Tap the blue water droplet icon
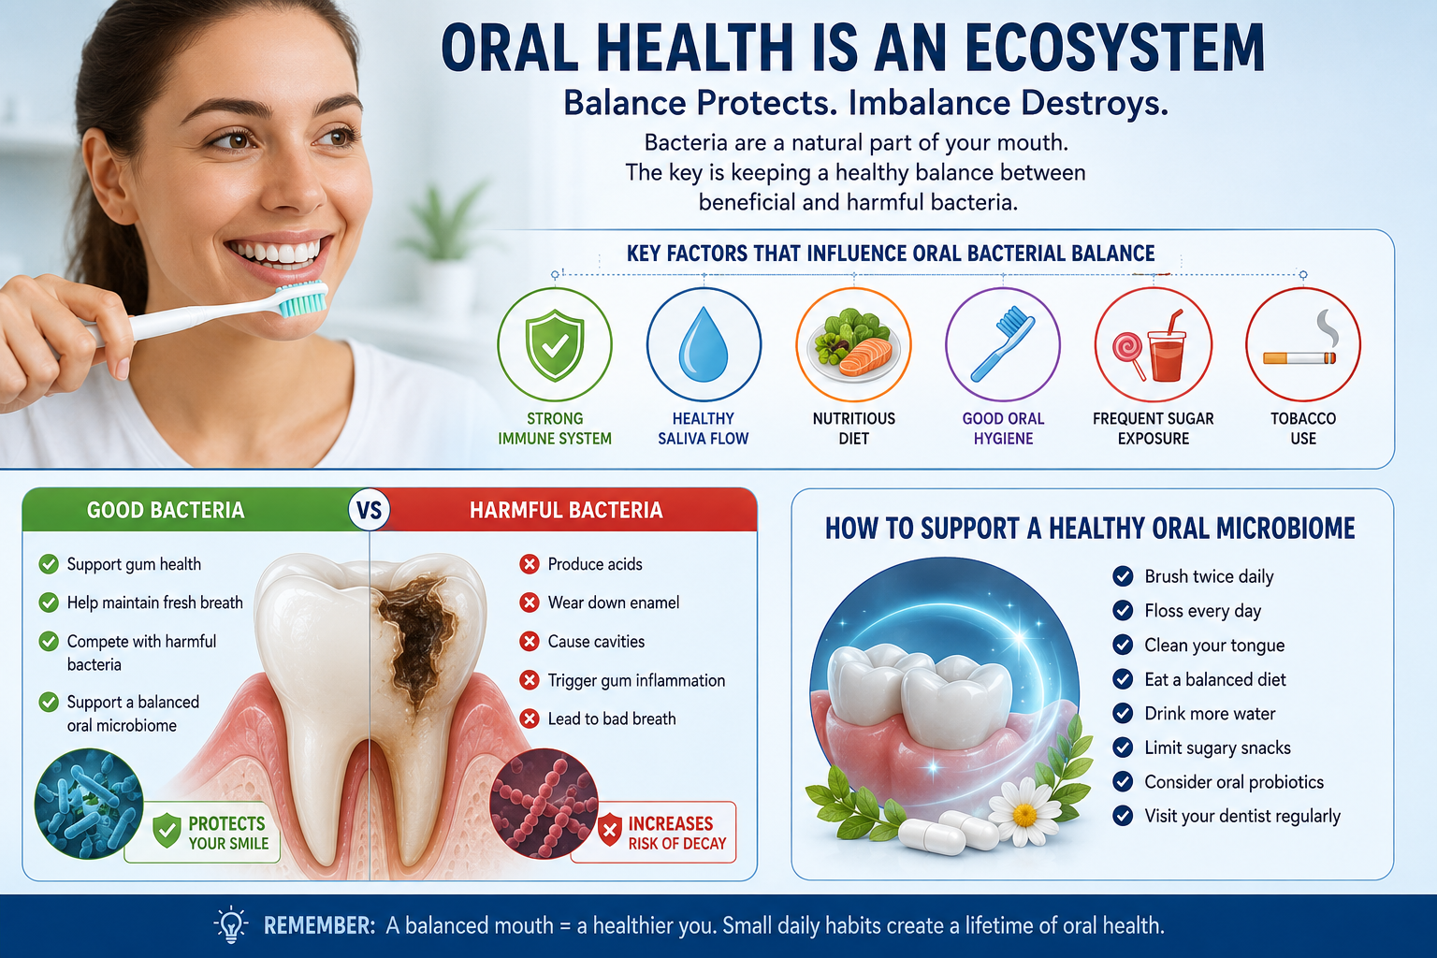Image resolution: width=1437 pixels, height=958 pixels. (x=704, y=344)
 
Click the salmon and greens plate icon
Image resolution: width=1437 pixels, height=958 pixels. (x=853, y=345)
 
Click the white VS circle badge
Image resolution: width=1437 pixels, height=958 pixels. (x=369, y=510)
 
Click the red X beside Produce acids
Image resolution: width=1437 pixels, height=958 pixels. (x=530, y=564)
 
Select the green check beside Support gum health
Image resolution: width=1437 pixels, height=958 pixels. (x=49, y=564)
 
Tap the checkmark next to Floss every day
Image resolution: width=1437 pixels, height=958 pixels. (x=1123, y=610)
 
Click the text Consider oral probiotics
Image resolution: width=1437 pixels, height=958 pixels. (x=1234, y=781)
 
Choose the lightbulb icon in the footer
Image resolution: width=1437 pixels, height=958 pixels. (x=231, y=924)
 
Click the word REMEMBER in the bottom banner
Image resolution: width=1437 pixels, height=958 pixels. (x=319, y=925)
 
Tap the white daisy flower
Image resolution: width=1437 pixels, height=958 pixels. (x=1024, y=812)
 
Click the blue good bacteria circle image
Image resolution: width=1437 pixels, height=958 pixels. (x=89, y=804)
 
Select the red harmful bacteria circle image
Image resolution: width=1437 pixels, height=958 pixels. (x=544, y=804)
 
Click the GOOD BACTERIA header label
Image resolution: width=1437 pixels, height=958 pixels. (x=166, y=510)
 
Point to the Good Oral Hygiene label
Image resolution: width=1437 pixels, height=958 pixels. (x=1003, y=428)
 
